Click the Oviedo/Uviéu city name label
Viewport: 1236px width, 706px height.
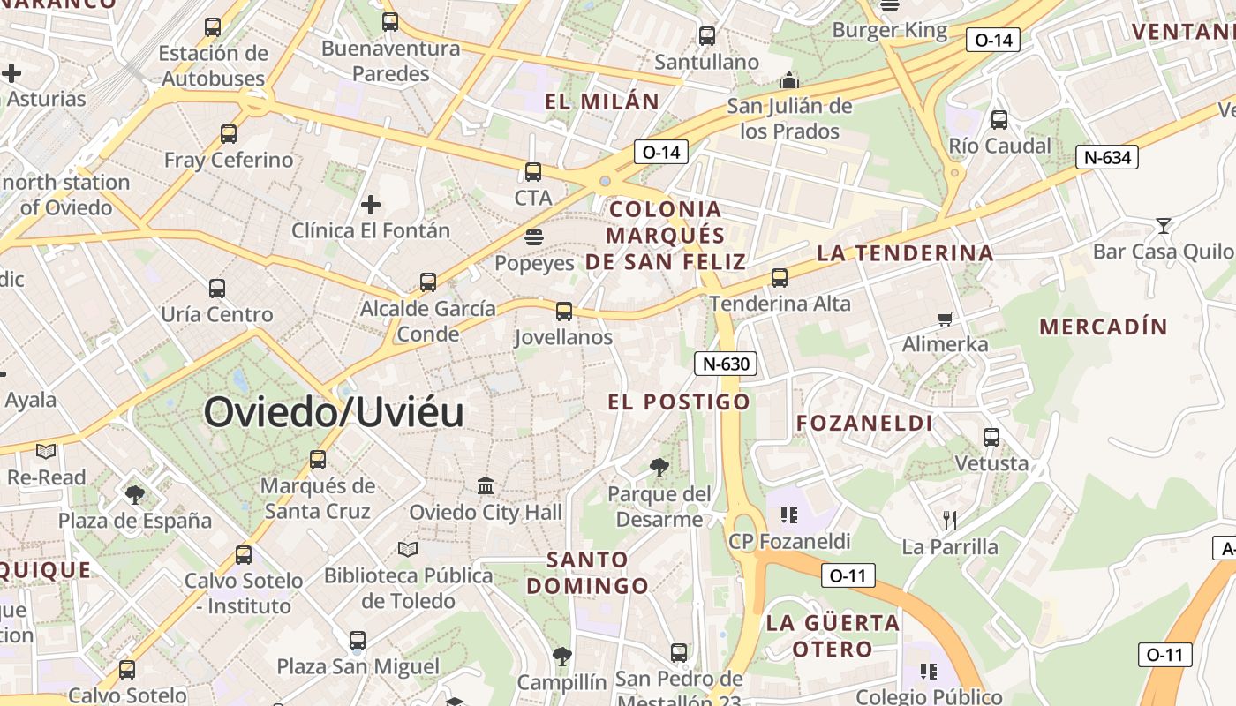[334, 412]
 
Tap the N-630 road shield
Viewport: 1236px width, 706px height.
[726, 364]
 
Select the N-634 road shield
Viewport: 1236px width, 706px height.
[1106, 158]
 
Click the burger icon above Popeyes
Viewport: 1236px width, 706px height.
[533, 237]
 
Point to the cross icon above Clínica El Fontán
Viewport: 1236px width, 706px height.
[371, 205]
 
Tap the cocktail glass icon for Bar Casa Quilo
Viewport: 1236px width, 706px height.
[1164, 226]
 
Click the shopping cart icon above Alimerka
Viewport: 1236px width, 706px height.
[946, 319]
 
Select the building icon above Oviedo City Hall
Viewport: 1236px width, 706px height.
[486, 486]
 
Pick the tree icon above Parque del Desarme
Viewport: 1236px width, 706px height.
[659, 468]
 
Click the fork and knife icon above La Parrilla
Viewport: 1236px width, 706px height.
[950, 521]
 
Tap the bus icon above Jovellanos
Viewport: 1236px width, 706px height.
[564, 312]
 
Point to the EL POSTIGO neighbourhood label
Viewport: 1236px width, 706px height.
[679, 402]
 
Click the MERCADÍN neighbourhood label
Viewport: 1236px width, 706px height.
[1104, 327]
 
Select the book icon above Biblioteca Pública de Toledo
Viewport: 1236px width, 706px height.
[407, 549]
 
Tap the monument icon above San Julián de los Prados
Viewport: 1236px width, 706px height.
[789, 81]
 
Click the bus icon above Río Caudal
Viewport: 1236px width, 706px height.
[999, 120]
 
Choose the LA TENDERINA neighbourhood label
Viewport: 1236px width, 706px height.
[905, 253]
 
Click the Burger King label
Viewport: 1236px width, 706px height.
[890, 31]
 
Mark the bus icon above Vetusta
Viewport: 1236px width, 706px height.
[991, 438]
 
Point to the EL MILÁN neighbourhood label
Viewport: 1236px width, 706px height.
[602, 101]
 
